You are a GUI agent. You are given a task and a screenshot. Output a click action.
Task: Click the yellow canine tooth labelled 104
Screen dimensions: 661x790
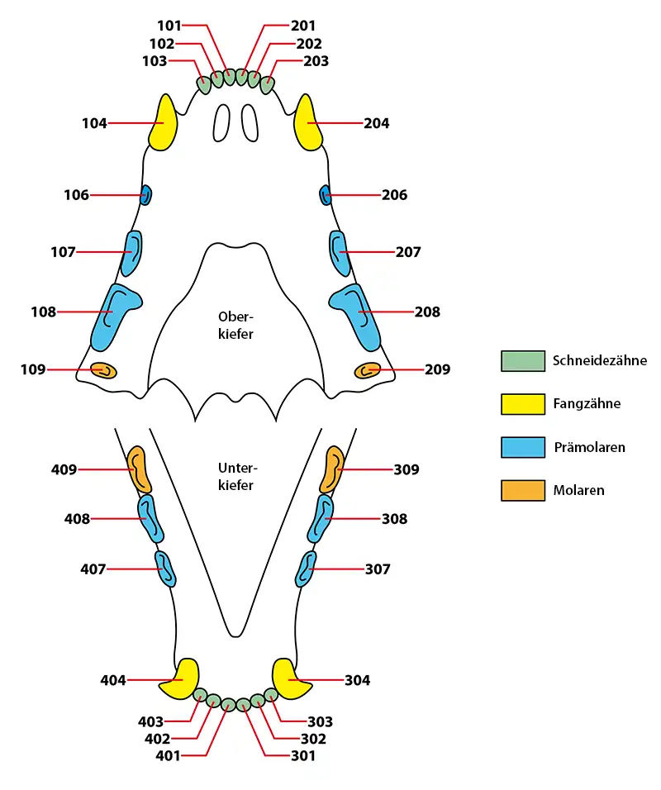[x=164, y=123]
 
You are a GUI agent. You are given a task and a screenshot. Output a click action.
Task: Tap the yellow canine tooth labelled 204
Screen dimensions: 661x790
[x=308, y=123]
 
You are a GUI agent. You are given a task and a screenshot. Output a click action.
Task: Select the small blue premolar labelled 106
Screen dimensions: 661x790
[x=145, y=195]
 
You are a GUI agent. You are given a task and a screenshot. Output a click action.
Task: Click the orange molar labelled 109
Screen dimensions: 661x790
[x=103, y=370]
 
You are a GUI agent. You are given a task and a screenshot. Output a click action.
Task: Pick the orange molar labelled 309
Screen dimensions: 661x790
[x=332, y=469]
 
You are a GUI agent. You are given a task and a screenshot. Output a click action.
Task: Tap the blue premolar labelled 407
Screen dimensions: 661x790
[x=164, y=569]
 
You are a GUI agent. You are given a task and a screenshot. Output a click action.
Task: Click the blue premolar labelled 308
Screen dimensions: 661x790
[x=321, y=518]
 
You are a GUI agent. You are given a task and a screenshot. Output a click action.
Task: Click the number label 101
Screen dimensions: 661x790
[x=169, y=25]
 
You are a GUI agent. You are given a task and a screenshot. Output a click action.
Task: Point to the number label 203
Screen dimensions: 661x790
[x=316, y=61]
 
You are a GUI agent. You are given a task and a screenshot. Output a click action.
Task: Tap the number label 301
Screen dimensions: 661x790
[x=303, y=756]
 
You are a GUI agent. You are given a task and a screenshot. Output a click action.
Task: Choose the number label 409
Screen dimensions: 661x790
[x=64, y=469]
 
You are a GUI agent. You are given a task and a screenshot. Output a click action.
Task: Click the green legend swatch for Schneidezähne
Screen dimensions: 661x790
[x=523, y=361]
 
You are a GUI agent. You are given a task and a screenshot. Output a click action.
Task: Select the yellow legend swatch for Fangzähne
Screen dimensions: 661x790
[x=523, y=404]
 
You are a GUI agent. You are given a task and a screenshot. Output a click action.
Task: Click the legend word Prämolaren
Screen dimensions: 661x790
[x=589, y=447]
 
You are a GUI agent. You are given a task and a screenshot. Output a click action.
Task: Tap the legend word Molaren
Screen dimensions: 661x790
[x=579, y=490]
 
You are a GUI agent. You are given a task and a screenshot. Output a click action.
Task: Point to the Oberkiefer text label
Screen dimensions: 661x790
[x=235, y=326]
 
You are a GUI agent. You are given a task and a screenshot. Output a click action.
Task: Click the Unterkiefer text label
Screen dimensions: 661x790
[x=237, y=477]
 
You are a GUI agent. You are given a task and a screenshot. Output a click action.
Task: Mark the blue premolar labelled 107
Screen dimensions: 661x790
[x=132, y=253]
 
